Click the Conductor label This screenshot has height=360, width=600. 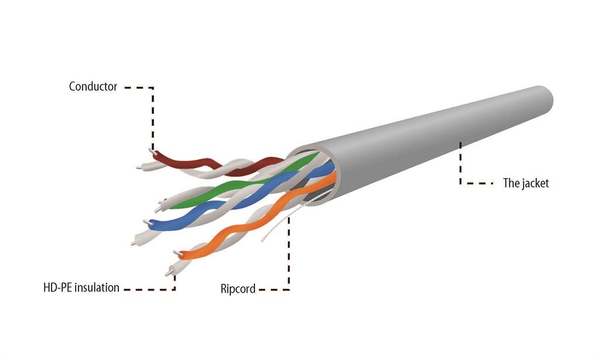click(93, 87)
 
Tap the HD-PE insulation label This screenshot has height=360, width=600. click(81, 288)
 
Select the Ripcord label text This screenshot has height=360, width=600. click(238, 288)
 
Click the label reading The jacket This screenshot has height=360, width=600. click(526, 183)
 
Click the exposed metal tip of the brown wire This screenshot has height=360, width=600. click(153, 152)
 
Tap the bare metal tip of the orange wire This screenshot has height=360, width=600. click(177, 253)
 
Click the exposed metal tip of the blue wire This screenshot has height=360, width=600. click(146, 223)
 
